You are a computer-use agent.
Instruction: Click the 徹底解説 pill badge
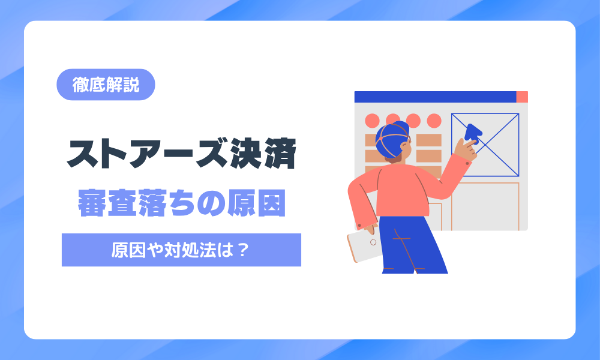tap(106, 85)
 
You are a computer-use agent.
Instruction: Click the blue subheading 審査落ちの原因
tap(182, 203)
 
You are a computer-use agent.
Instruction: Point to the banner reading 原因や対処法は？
tap(181, 250)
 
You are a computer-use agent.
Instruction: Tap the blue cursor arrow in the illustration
tap(473, 133)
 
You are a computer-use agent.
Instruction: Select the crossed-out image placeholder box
tap(485, 145)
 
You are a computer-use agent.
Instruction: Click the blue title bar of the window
tap(435, 97)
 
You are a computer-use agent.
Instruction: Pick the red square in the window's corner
tap(522, 97)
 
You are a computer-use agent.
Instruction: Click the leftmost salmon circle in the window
tap(372, 121)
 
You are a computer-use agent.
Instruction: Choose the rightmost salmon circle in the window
tap(434, 121)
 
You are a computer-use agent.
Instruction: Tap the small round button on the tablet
tap(373, 242)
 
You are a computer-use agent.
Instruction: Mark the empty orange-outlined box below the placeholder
tap(485, 206)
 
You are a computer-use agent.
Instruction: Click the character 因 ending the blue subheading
tap(272, 203)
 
